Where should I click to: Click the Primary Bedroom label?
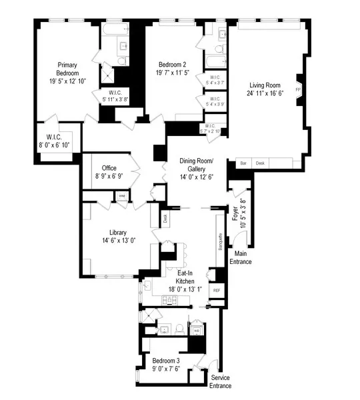(68, 69)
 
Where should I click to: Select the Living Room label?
(266, 85)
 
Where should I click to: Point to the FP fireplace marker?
(298, 87)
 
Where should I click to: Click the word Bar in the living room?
(243, 163)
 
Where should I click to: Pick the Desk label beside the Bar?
(260, 163)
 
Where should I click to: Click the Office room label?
(109, 168)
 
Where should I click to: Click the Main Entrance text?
(241, 257)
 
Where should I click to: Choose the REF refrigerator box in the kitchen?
(216, 291)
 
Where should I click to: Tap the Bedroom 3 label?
(164, 361)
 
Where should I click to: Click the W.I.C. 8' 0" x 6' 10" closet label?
(57, 141)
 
